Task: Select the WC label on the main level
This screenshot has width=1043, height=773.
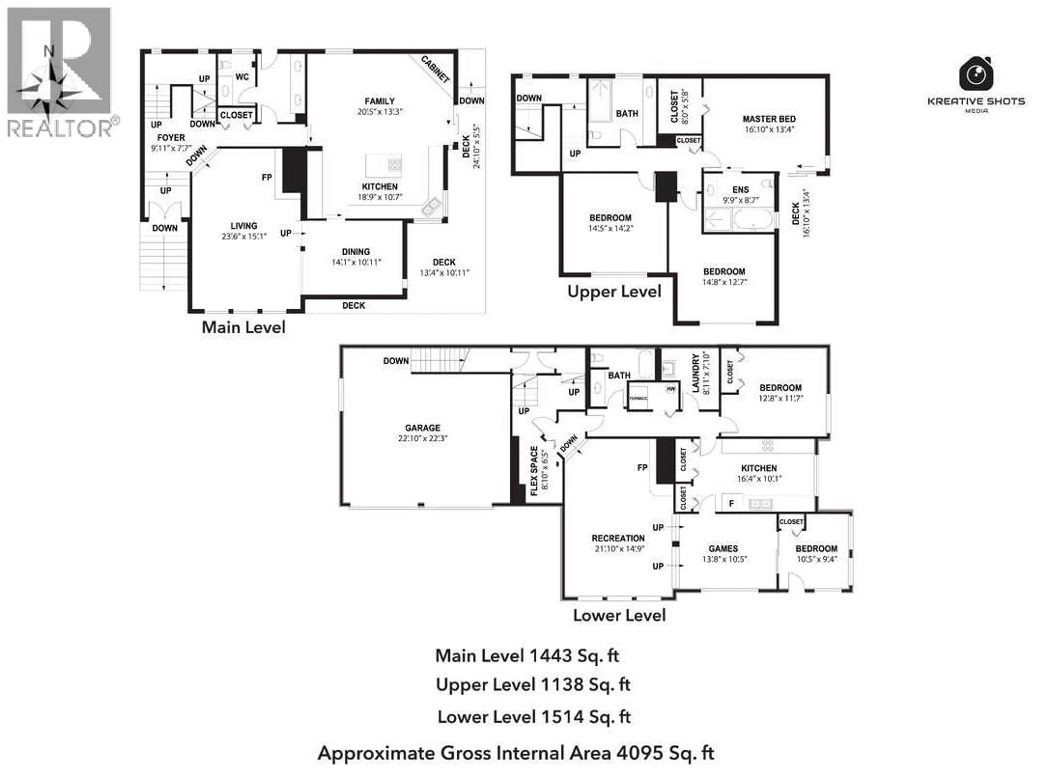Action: tap(242, 77)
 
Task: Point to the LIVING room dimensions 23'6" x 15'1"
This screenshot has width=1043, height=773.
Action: tap(244, 236)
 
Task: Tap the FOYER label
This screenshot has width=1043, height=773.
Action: tap(171, 138)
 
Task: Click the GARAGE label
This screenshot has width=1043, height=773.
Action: tap(422, 428)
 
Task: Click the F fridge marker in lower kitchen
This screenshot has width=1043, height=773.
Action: tap(731, 503)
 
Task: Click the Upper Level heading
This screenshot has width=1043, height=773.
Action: tap(614, 292)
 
